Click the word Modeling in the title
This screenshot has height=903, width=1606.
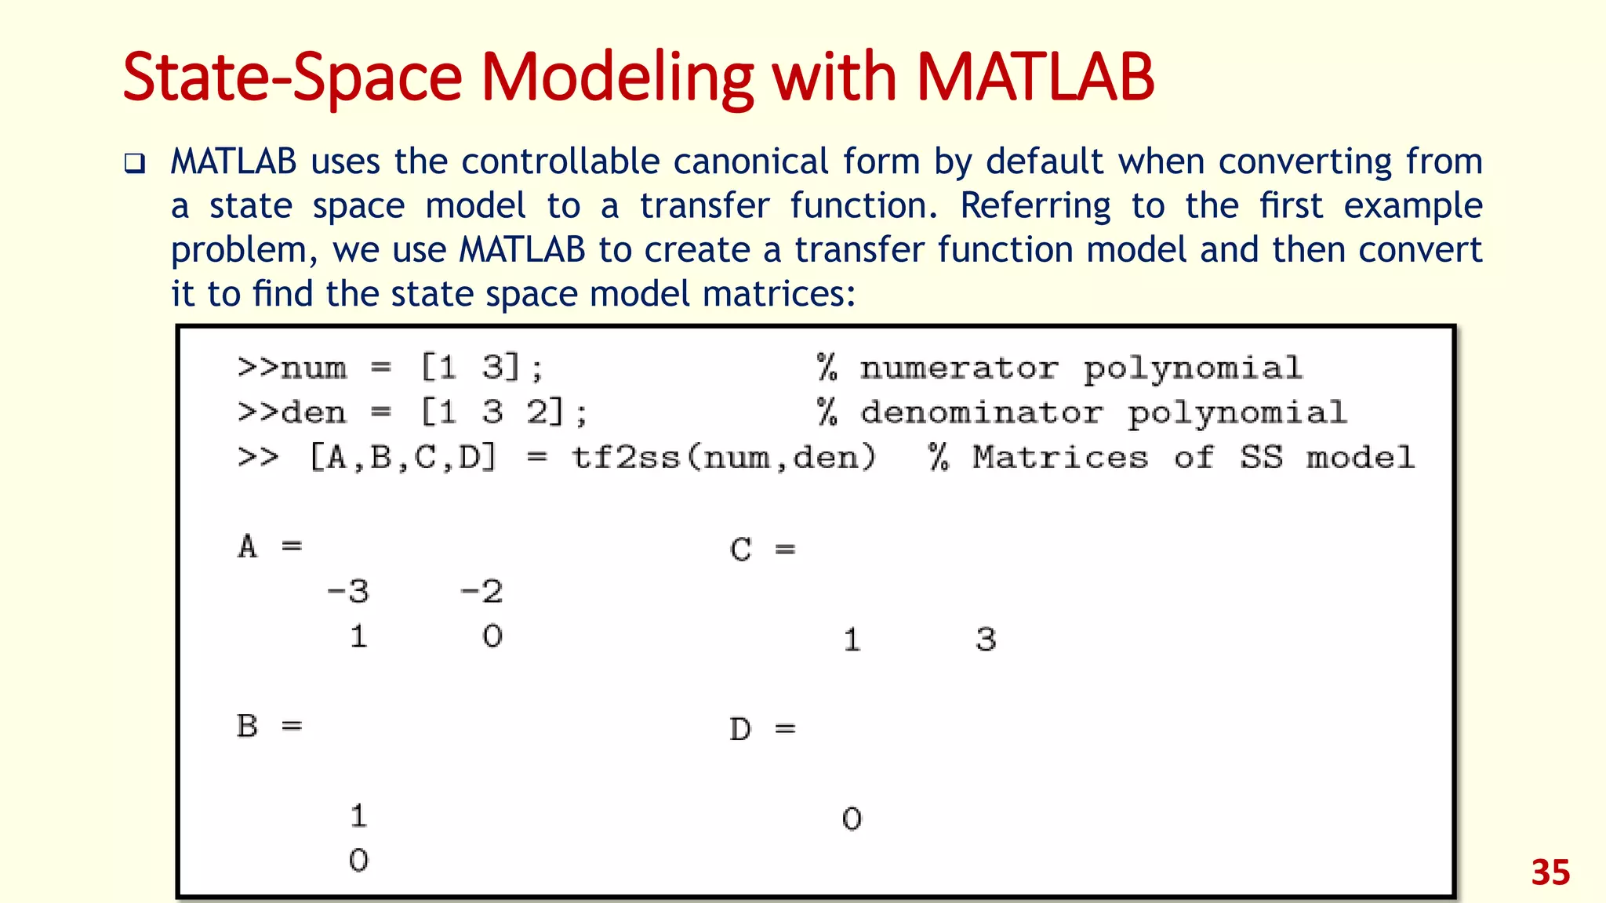click(616, 78)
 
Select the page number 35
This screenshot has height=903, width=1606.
click(1550, 873)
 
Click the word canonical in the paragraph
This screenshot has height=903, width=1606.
click(750, 161)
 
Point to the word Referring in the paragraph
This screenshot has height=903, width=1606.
click(1035, 206)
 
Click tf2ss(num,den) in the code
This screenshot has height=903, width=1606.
click(723, 457)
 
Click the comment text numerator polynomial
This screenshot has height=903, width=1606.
click(1081, 368)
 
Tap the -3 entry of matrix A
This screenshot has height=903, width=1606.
click(348, 591)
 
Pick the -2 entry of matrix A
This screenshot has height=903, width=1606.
click(481, 591)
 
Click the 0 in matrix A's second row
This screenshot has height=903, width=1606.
click(492, 636)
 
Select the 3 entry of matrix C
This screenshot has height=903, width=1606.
click(986, 640)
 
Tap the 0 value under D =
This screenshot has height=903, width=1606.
click(852, 819)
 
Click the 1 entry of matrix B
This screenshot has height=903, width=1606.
click(358, 816)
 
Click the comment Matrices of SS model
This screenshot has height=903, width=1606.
click(1192, 457)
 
